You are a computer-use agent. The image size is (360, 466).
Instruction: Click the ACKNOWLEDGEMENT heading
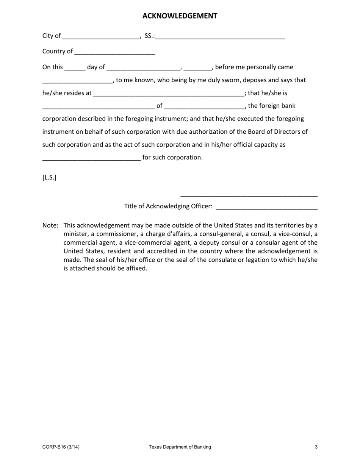click(180, 16)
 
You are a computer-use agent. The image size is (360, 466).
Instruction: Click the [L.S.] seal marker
click(49, 177)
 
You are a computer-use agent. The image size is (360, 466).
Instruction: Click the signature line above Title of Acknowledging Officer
click(249, 196)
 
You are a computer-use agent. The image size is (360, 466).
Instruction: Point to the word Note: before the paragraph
click(50, 225)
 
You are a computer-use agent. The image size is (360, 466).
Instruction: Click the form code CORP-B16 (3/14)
click(61, 447)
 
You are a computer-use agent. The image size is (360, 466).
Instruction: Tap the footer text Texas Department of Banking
click(180, 447)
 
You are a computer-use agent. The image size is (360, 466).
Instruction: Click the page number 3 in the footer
click(316, 447)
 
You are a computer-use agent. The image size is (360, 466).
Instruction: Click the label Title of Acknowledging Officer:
click(168, 206)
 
